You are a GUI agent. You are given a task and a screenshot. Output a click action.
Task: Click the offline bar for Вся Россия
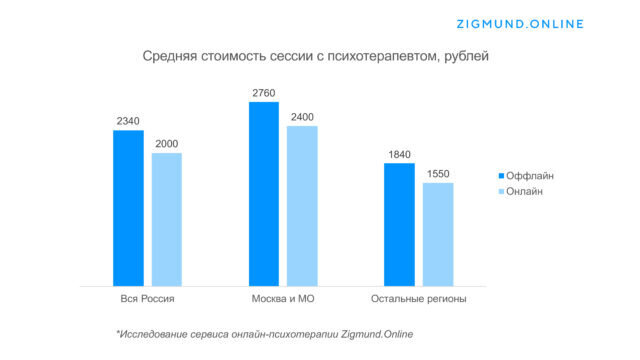pos(128,209)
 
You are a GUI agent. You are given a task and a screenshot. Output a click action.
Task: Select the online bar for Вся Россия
pos(167,220)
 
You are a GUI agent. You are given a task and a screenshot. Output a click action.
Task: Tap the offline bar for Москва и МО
pos(263,195)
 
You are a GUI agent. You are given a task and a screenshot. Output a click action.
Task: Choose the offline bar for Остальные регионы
pos(399,225)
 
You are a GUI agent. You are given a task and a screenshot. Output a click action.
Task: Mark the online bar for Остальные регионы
pos(437,235)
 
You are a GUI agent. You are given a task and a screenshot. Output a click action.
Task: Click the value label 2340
pos(128,122)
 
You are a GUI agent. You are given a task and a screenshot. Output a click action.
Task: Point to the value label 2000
pos(167,144)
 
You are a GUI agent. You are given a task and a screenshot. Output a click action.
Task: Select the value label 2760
pos(263,93)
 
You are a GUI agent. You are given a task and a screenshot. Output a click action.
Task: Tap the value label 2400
pos(301,117)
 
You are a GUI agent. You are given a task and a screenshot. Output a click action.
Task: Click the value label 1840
pos(399,154)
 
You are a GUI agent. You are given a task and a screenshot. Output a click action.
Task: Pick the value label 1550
pos(437,174)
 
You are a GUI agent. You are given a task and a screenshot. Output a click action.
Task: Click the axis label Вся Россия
pos(147,299)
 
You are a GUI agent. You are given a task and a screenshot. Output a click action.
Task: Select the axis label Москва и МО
pos(282,299)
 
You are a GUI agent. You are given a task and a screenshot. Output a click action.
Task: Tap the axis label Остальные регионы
pos(418,299)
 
